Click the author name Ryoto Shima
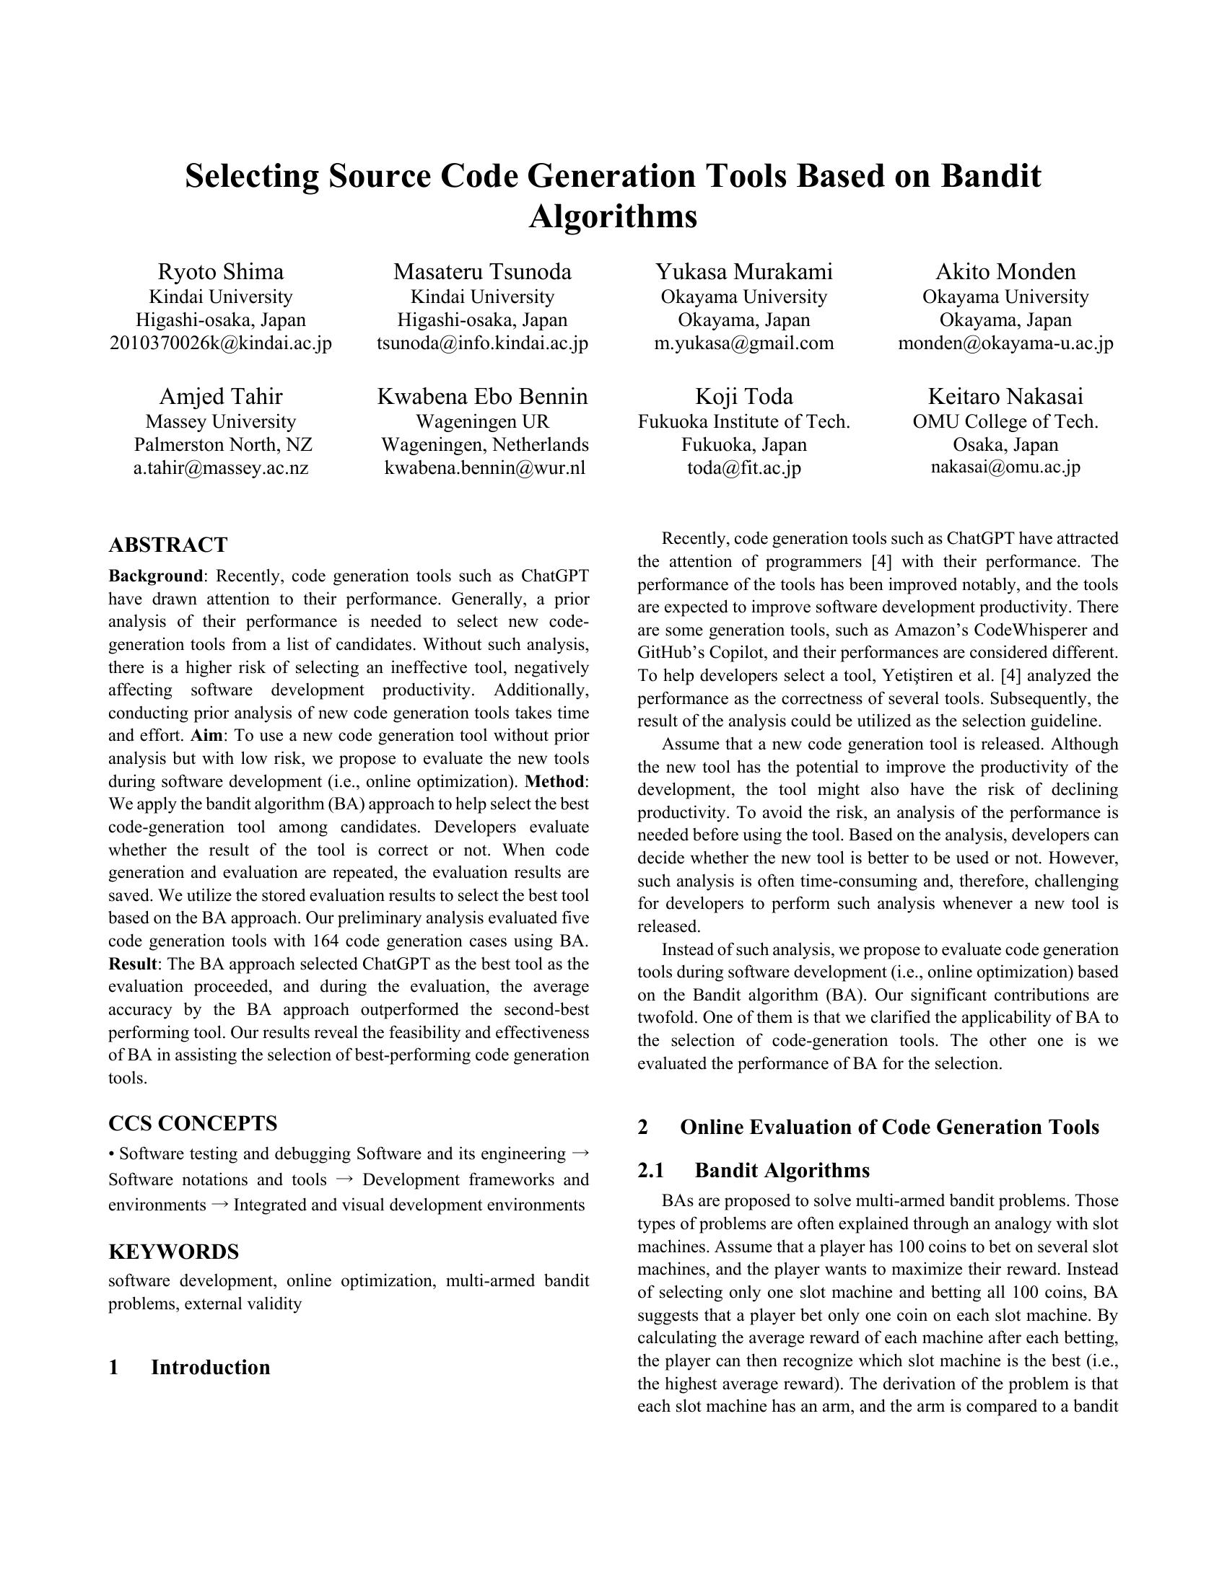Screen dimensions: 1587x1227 pyautogui.click(x=220, y=272)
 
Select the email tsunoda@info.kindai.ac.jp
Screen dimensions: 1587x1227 pyautogui.click(x=482, y=343)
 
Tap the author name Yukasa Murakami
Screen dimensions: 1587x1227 pyautogui.click(x=743, y=272)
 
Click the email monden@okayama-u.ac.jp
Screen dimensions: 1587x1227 pyautogui.click(x=1005, y=343)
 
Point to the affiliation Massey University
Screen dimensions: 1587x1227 pyautogui.click(x=220, y=421)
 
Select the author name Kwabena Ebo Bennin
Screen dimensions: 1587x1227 pyautogui.click(x=482, y=397)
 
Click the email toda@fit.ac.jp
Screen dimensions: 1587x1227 pyautogui.click(x=743, y=467)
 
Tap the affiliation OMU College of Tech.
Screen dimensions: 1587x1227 pyautogui.click(x=1005, y=421)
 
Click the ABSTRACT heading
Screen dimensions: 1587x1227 pyautogui.click(x=168, y=545)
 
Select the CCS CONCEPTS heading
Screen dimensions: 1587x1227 pyautogui.click(x=193, y=1123)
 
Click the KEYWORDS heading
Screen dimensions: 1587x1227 pyautogui.click(x=174, y=1252)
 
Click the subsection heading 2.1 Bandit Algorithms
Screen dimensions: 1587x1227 pyautogui.click(x=782, y=1171)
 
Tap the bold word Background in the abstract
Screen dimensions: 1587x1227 pyautogui.click(x=156, y=576)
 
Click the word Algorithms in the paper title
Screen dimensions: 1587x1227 pyautogui.click(x=613, y=216)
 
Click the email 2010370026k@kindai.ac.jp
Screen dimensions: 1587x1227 pyautogui.click(x=220, y=343)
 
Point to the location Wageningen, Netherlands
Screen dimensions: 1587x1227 pyautogui.click(x=485, y=444)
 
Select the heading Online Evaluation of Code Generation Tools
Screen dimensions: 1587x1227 pyautogui.click(x=889, y=1127)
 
